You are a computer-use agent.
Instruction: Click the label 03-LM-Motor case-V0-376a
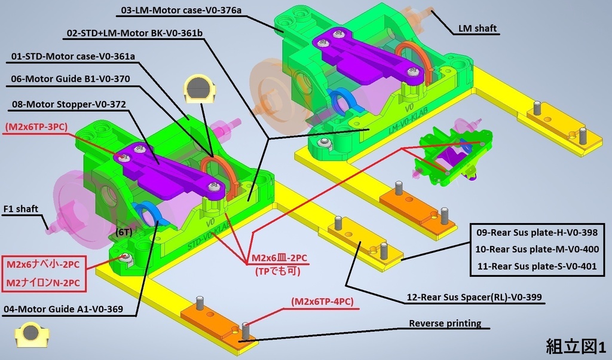(x=181, y=10)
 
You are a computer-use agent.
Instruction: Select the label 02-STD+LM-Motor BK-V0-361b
(x=134, y=33)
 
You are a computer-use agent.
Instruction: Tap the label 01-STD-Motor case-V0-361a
(x=73, y=56)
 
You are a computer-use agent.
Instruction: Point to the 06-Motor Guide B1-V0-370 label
(x=71, y=79)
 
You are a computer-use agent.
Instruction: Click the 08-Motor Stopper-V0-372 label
(x=69, y=104)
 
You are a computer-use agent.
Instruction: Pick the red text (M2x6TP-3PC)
(x=36, y=127)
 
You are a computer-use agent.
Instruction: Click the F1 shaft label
(x=21, y=209)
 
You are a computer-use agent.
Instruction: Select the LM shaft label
(x=478, y=28)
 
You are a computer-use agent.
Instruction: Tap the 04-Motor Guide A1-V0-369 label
(x=63, y=309)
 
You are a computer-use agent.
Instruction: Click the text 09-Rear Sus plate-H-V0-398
(x=537, y=232)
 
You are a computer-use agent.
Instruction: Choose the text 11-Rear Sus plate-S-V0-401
(x=537, y=266)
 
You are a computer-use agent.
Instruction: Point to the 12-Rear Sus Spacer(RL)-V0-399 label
(x=474, y=297)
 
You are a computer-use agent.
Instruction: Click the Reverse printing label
(x=445, y=324)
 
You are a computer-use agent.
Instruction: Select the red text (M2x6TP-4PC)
(x=322, y=301)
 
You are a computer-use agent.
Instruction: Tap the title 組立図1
(x=576, y=346)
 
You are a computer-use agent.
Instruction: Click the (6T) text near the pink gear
(x=124, y=232)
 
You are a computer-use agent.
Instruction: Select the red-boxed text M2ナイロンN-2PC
(x=43, y=283)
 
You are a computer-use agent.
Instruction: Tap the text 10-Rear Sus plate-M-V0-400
(x=537, y=249)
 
